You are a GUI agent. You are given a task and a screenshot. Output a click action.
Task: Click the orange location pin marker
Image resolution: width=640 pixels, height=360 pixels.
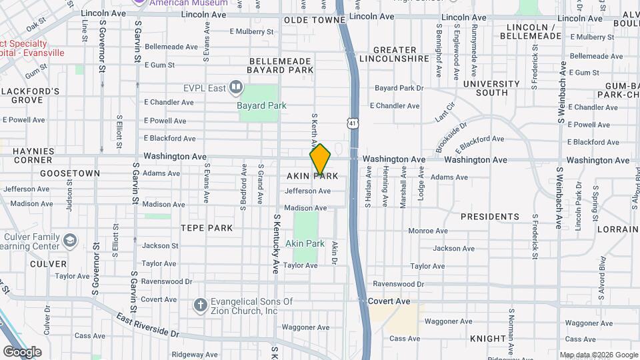coord(320,159)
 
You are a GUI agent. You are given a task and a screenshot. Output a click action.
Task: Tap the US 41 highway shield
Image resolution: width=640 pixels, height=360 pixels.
coord(353,123)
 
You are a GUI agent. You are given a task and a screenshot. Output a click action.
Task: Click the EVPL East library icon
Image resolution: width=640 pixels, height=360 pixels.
coord(235,87)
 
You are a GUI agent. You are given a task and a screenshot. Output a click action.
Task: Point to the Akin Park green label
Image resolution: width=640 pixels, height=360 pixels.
coord(305,243)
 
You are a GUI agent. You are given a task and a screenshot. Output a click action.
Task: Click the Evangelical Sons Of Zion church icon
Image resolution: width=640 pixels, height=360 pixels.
coord(199,305)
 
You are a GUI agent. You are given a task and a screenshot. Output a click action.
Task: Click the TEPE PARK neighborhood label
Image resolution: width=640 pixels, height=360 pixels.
coord(207,228)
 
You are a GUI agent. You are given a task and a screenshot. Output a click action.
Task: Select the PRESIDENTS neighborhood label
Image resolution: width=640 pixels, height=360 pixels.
coord(490,217)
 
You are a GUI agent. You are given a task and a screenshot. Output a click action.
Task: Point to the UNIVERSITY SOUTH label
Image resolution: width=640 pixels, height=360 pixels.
coord(491,89)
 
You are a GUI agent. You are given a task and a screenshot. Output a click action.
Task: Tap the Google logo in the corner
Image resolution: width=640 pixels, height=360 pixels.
coord(22,351)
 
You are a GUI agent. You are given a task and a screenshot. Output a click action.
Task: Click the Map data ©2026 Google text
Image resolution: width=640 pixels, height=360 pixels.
coord(599,355)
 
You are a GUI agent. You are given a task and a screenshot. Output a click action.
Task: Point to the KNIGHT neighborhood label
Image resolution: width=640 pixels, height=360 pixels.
coord(488,339)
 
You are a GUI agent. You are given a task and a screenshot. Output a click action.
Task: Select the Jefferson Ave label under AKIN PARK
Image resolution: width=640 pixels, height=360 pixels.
coord(307,191)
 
